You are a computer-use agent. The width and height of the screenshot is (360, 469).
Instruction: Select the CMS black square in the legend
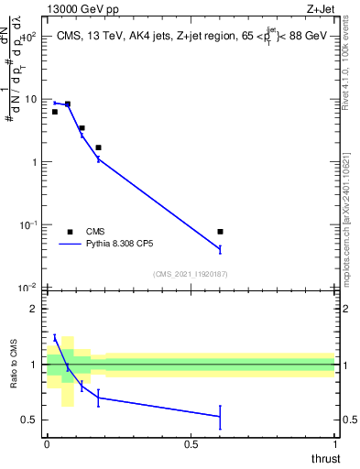click(70, 232)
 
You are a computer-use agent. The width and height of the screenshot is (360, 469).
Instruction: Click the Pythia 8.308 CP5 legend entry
click(119, 245)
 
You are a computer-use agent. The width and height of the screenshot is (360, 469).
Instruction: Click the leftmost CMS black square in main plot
click(55, 112)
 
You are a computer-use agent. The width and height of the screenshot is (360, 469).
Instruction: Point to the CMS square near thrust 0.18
click(98, 147)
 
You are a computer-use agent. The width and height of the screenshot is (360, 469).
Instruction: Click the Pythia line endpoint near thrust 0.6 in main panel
click(220, 249)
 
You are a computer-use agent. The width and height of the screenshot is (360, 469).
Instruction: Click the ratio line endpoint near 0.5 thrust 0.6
click(220, 417)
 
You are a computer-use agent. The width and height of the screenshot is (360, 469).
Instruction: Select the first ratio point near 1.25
click(55, 338)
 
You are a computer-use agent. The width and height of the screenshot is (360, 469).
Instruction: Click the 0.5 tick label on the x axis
click(191, 444)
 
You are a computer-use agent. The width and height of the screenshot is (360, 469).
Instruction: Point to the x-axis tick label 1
click(335, 444)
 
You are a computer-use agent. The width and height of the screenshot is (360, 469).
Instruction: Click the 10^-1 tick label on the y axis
click(29, 225)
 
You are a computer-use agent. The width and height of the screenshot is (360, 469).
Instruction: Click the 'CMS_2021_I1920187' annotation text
click(189, 274)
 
